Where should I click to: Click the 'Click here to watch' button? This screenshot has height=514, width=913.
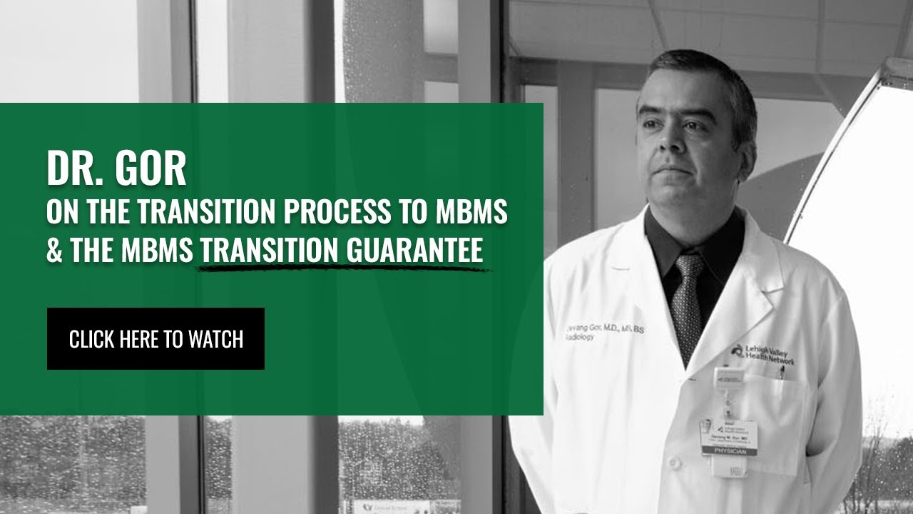pos(155,339)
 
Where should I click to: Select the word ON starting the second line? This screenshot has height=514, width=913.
pos(61,213)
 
